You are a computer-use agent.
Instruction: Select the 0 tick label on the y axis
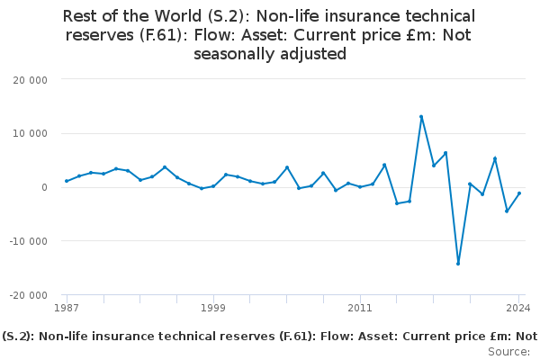pos(43,187)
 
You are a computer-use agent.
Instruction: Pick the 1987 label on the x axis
pos(67,308)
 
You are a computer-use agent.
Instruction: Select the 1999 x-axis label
pos(213,308)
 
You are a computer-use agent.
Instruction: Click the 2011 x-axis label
pos(360,308)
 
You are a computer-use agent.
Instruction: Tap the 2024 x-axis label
pos(518,308)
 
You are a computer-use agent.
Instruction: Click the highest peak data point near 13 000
pos(421,117)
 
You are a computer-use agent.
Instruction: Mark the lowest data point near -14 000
pos(458,264)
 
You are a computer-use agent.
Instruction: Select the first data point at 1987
pos(67,181)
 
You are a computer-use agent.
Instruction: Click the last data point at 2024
pos(519,193)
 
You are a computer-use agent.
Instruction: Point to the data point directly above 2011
pos(360,186)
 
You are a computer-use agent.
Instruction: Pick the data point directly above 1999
pos(213,186)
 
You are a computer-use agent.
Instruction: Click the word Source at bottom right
pos(508,352)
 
